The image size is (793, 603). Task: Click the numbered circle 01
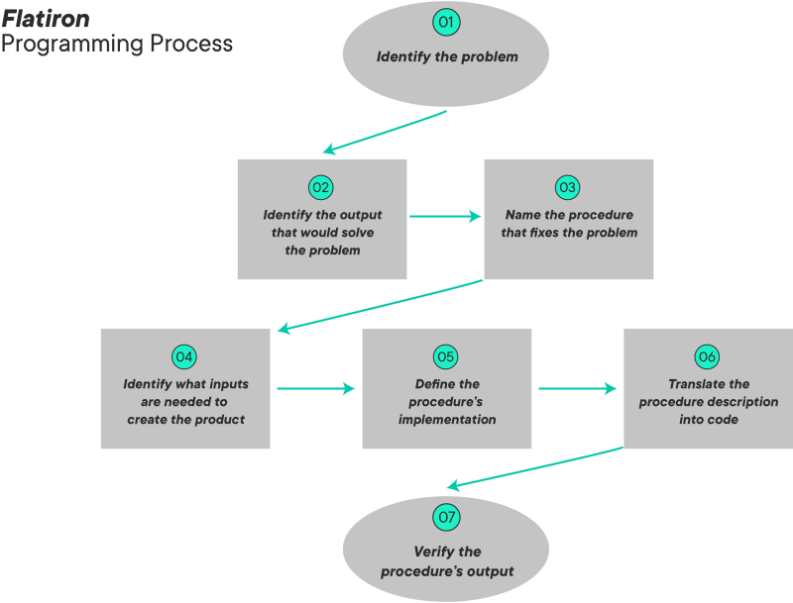point(446,21)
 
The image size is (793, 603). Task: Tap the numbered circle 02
point(320,187)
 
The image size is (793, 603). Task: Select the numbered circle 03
point(567,187)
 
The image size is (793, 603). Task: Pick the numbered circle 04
point(184,356)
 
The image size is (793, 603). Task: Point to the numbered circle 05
point(446,356)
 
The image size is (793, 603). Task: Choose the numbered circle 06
point(707,356)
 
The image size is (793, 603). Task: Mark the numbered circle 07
point(446,516)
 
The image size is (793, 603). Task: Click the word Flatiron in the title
point(46,19)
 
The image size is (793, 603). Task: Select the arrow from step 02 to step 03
point(445,216)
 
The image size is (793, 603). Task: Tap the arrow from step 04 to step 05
point(315,388)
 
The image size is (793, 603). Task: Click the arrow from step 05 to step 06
point(577,388)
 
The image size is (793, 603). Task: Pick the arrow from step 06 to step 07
point(535,467)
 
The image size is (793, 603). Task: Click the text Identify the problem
point(446,56)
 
